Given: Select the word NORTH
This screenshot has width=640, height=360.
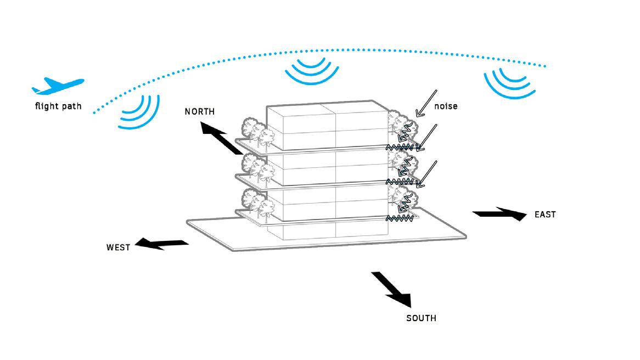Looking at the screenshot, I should pos(200,111).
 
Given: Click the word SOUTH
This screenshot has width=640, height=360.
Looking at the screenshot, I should pos(421,318).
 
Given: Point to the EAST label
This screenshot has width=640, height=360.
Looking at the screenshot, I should pos(545,215).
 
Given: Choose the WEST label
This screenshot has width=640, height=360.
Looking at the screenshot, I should pos(118,248).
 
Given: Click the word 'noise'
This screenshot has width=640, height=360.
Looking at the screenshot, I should pos(445,106).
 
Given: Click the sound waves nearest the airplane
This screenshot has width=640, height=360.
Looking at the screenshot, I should pos(140,113).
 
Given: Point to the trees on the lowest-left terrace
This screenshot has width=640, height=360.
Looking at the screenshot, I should pos(256,203).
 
